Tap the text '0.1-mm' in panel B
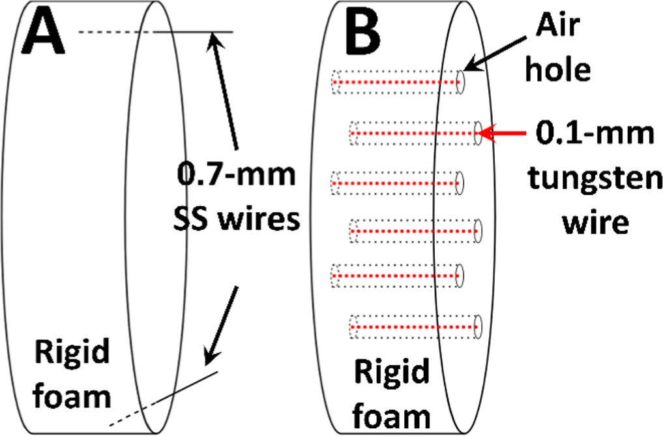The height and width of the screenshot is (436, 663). pos(593,135)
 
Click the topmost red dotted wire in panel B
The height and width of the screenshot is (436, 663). pos(398,82)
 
